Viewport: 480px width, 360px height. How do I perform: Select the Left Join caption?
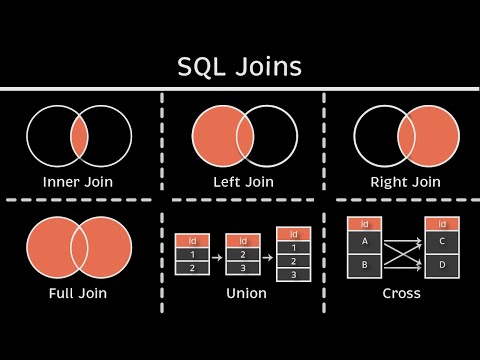click(x=243, y=182)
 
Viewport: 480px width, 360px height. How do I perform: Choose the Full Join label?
click(x=77, y=293)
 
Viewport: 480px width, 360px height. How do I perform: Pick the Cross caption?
click(x=401, y=293)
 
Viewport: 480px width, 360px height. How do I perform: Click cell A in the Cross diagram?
click(x=364, y=241)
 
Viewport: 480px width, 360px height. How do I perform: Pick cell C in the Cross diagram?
click(x=442, y=241)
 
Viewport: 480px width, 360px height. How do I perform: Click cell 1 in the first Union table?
click(x=191, y=254)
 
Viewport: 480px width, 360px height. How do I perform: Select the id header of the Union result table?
click(x=292, y=232)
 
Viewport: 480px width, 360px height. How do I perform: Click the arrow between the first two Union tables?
click(x=216, y=254)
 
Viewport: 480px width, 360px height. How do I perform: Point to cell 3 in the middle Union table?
click(x=243, y=268)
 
